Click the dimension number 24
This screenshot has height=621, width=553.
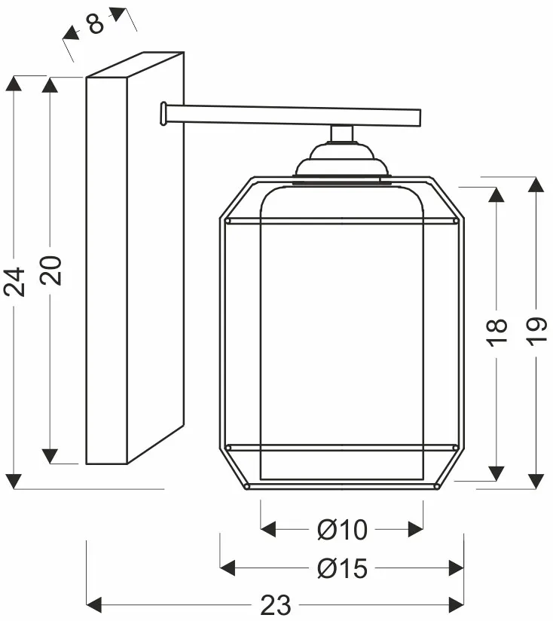14,282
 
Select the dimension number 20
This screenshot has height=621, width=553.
51,271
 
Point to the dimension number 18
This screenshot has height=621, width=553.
496,332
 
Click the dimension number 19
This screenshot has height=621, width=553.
536,332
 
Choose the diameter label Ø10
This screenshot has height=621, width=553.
342,530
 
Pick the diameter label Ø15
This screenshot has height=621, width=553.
342,568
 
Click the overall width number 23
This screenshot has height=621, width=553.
276,605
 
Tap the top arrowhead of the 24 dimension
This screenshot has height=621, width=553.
14,84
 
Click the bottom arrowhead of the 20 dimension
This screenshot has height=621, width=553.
50,456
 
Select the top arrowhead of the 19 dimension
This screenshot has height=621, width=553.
536,185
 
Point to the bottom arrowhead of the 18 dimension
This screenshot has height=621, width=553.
496,474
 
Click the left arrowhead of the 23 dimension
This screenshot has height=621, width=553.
94,604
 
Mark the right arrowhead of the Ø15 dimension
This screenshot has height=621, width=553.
456,568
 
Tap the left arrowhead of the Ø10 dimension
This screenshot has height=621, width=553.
268,529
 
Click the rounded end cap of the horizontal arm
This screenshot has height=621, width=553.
163,114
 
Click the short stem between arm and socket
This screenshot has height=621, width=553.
342,133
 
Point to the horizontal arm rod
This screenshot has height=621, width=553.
293,115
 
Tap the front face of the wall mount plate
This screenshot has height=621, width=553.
106,271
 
